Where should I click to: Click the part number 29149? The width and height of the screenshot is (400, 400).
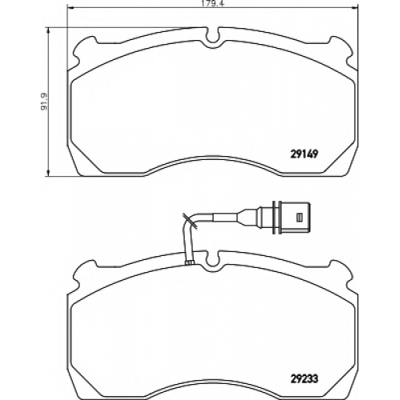pos(304,154)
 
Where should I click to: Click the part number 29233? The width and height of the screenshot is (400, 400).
pos(304,378)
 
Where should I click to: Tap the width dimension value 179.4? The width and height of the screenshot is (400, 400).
pos(212,4)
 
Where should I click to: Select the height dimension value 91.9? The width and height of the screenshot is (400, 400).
pos(43,102)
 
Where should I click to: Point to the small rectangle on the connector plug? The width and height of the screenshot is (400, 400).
pos(299,218)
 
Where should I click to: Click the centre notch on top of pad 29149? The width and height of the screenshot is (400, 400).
pos(213,38)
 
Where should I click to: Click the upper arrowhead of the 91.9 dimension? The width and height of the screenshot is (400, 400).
pos(48,31)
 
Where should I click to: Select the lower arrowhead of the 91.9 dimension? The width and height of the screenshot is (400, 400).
pos(48,172)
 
